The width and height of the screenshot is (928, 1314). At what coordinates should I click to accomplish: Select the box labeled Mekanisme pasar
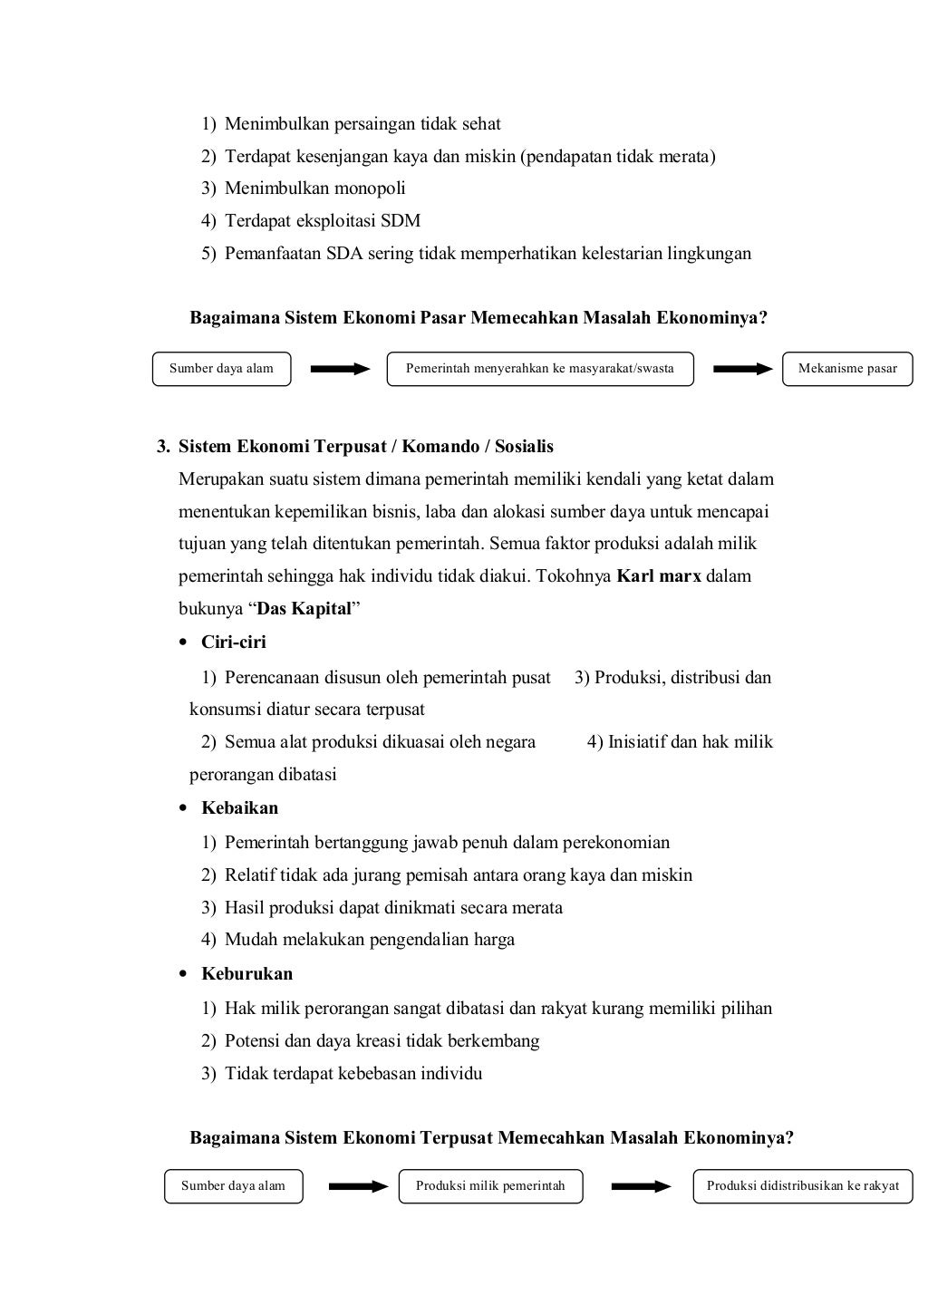click(847, 369)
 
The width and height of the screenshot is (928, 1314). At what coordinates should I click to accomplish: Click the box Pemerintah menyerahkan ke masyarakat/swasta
click(539, 369)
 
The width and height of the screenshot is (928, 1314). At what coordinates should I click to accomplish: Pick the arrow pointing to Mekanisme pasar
click(742, 369)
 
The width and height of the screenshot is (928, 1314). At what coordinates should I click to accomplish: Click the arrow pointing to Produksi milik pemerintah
click(358, 1186)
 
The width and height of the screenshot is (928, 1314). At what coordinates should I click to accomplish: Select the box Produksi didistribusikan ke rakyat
click(802, 1186)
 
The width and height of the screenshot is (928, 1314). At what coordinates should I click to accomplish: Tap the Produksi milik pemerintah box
click(490, 1186)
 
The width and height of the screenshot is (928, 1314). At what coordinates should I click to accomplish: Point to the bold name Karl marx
click(658, 576)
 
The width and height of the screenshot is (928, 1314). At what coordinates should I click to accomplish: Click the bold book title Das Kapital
click(304, 609)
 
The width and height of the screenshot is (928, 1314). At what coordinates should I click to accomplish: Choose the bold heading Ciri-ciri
click(234, 643)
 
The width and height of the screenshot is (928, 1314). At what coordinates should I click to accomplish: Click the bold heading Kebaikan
click(239, 808)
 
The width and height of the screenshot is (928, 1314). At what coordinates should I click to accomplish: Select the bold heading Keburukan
click(246, 974)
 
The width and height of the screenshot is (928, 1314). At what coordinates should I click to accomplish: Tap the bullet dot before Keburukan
click(184, 975)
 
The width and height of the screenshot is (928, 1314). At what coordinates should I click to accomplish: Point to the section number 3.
click(162, 447)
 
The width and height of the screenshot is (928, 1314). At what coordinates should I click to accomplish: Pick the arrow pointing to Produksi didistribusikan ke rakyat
click(641, 1186)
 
